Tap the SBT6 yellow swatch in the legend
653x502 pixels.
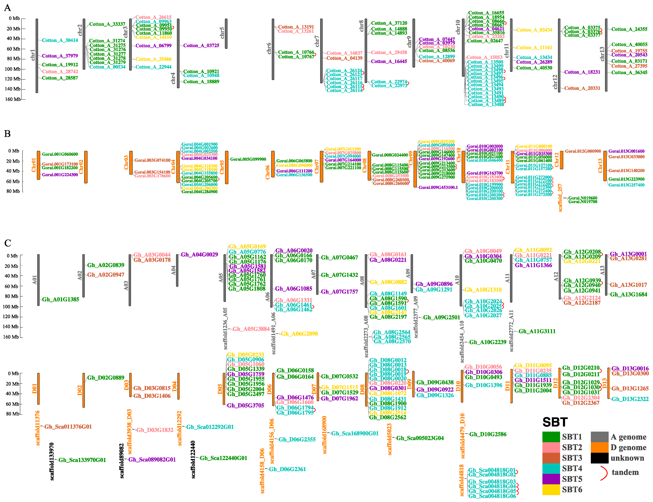[x=551, y=489]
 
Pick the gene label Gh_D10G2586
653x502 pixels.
[x=488, y=434]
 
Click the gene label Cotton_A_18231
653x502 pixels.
[x=582, y=72]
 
